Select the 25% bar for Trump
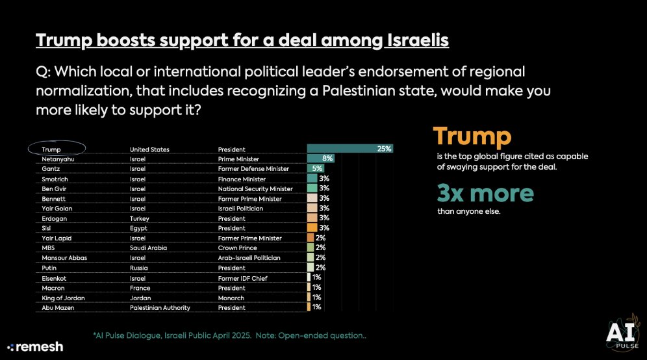pos(349,149)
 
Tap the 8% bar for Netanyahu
pos(320,159)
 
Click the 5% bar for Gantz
pos(315,168)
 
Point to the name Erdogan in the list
pos(53,218)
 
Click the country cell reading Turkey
pos(140,218)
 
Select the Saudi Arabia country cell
pos(149,248)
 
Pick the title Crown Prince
pos(238,248)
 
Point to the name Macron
pos(52,288)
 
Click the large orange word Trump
pos(472,136)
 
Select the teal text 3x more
pos(485,192)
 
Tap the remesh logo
pos(35,346)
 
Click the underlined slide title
pos(242,41)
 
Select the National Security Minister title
pos(255,188)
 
